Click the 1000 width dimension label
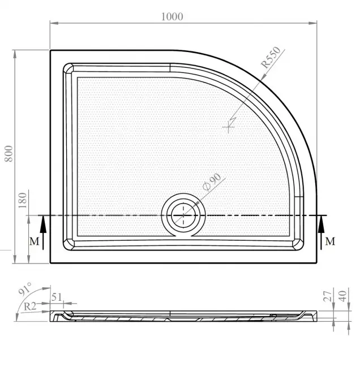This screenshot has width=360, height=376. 172,16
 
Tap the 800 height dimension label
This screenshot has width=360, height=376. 8,153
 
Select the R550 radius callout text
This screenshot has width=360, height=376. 271,57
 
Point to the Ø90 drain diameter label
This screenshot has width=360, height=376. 212,181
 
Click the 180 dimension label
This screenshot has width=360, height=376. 22,200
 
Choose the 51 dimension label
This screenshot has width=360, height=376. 57,297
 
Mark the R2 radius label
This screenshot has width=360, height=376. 30,306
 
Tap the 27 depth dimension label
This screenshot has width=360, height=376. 328,296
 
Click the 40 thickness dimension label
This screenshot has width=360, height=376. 342,296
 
